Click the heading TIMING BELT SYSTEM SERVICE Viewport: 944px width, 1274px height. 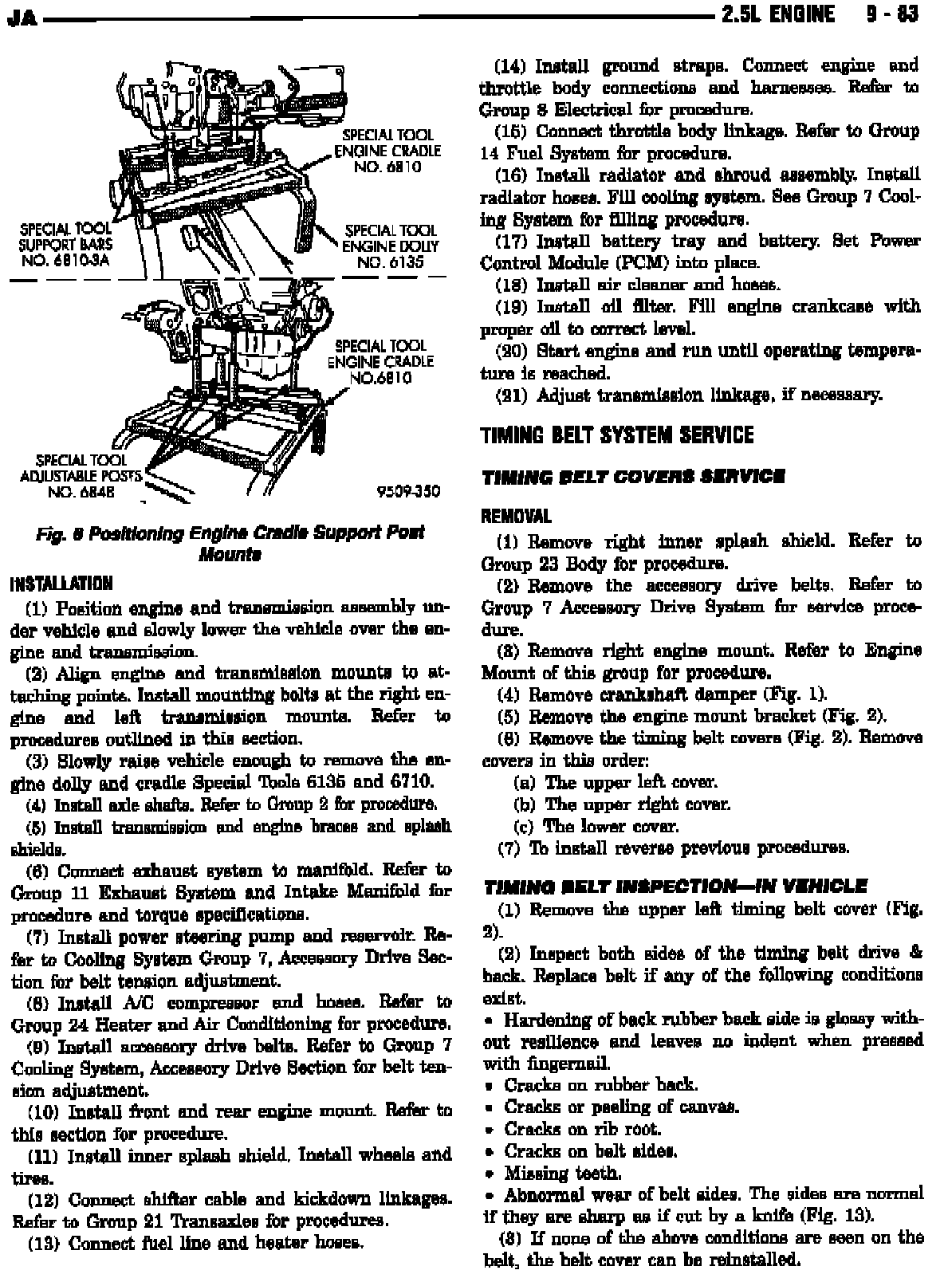point(616,435)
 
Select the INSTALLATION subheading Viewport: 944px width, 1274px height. point(60,584)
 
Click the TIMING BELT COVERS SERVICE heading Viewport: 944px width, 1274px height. point(633,477)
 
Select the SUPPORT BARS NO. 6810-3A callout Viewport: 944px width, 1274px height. point(66,246)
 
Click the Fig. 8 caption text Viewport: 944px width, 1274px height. point(230,542)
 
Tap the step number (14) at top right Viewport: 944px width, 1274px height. point(509,66)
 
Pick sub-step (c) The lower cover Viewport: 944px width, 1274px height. point(596,826)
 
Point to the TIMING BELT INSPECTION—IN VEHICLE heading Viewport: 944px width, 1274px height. point(675,885)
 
